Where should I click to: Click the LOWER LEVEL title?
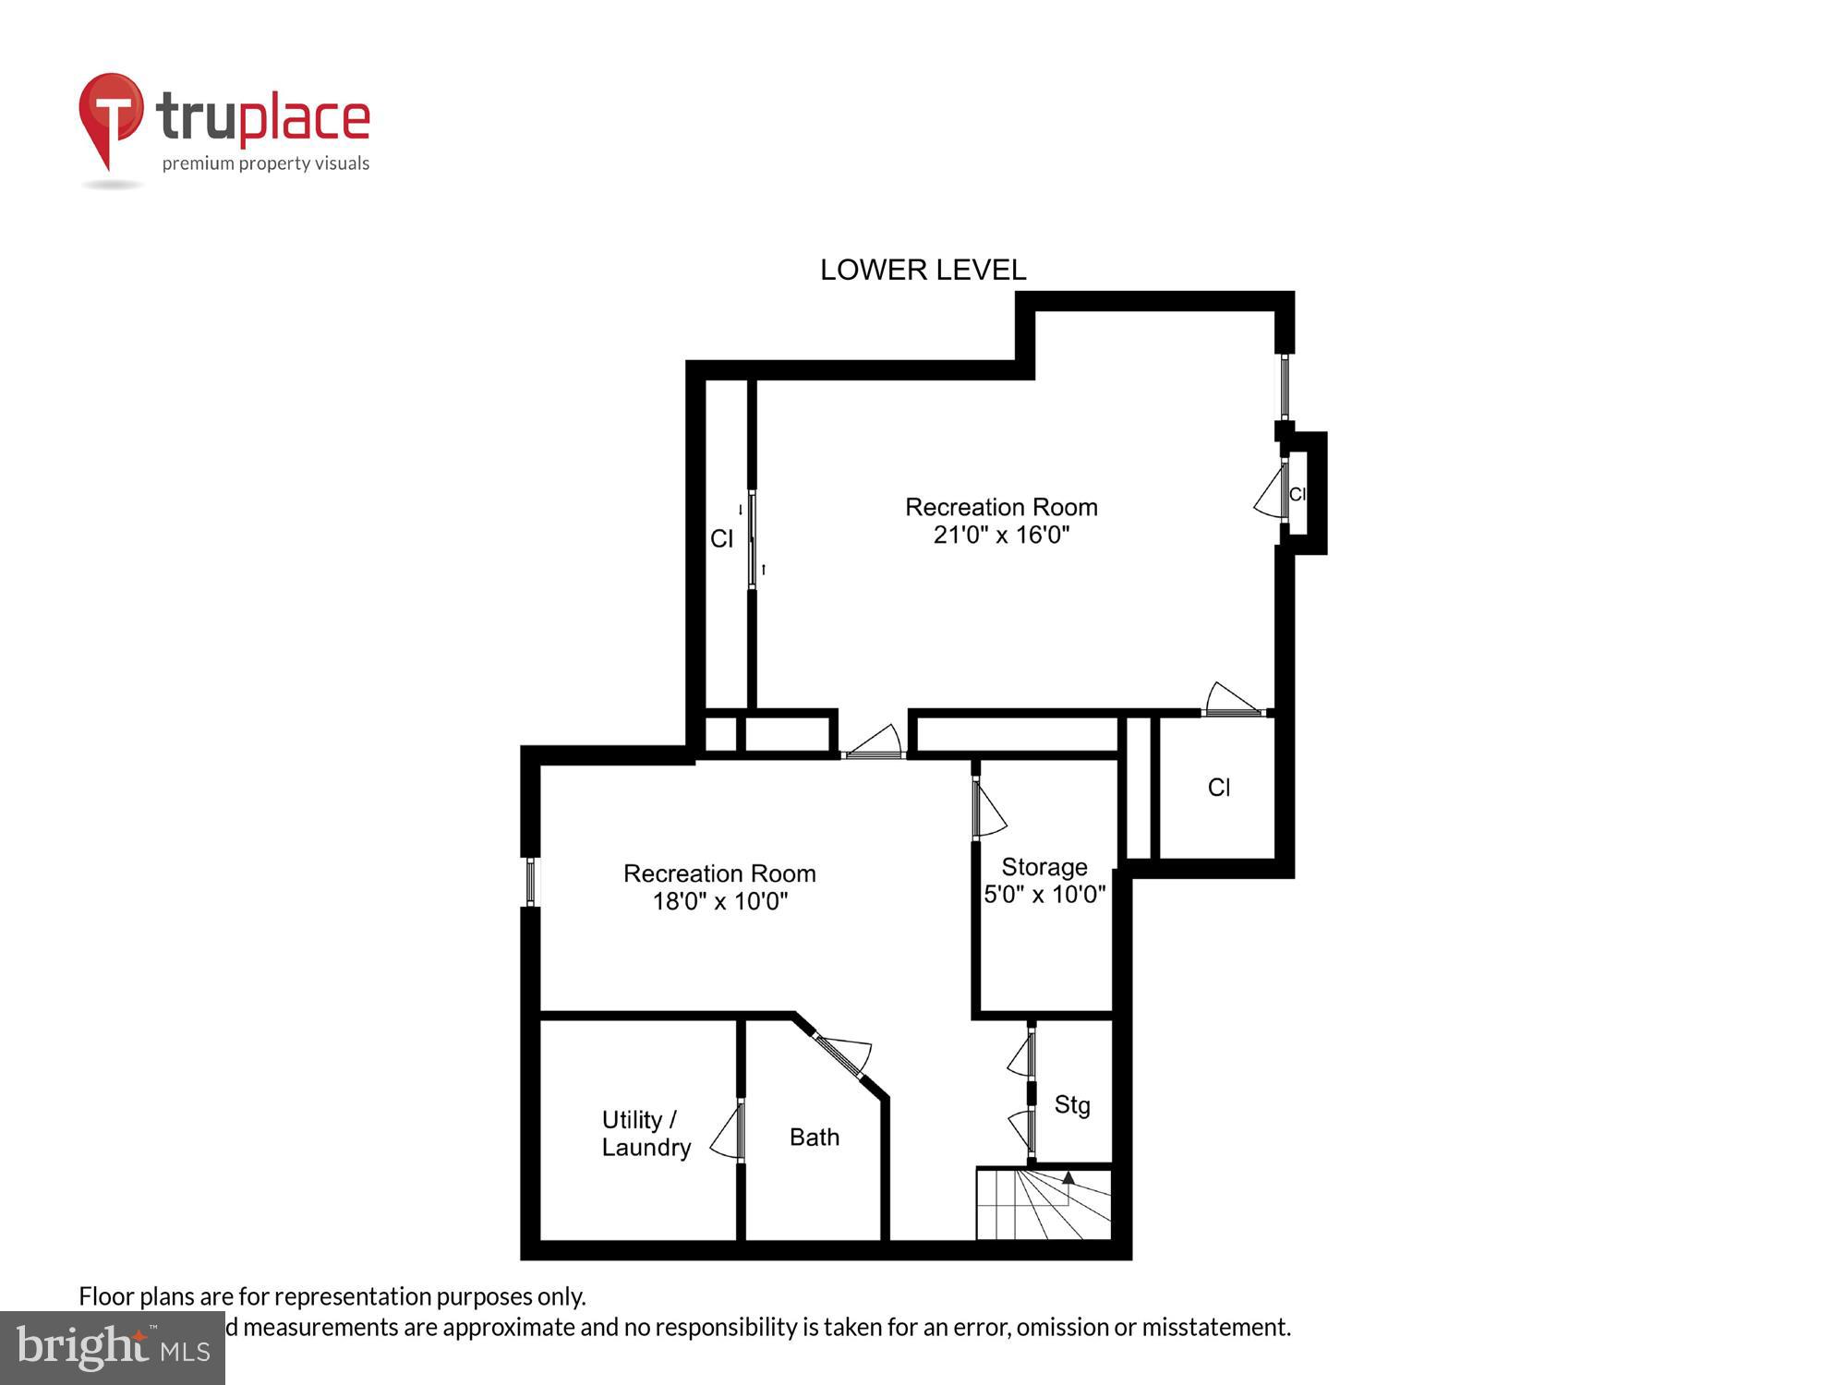(923, 270)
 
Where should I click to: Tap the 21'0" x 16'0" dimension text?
(1001, 535)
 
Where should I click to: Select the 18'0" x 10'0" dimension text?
(719, 901)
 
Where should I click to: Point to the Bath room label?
(814, 1137)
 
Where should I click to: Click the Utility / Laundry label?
(646, 1133)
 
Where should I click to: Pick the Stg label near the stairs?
(1071, 1104)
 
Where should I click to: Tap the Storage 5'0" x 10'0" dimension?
(1044, 894)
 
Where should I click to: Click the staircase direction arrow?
(1068, 1178)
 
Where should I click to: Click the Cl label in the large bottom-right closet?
(1218, 787)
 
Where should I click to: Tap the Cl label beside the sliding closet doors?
(721, 538)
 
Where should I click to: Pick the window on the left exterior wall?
(530, 881)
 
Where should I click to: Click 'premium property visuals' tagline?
(266, 163)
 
